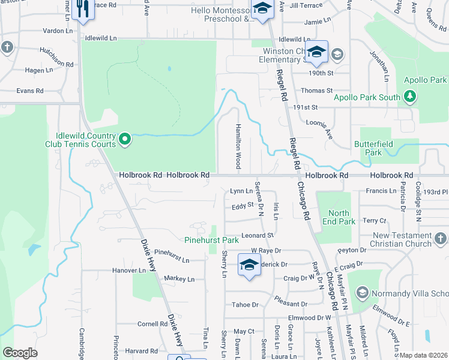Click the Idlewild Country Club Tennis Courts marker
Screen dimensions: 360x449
pyautogui.click(x=125, y=140)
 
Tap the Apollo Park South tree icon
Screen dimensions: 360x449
pyautogui.click(x=410, y=97)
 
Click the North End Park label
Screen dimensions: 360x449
pyautogui.click(x=339, y=217)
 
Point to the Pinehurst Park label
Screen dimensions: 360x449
pyautogui.click(x=212, y=240)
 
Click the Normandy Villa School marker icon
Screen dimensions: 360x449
pyautogui.click(x=361, y=293)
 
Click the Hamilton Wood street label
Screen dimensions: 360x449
pyautogui.click(x=238, y=147)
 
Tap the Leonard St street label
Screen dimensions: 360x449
pyautogui.click(x=258, y=235)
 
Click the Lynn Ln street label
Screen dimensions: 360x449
pyautogui.click(x=241, y=191)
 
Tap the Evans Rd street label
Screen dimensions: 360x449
pyautogui.click(x=30, y=91)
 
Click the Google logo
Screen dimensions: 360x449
pyautogui.click(x=20, y=352)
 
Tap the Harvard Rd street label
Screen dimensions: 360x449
pyautogui.click(x=142, y=351)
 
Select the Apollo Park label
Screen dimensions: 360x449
pyautogui.click(x=425, y=80)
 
